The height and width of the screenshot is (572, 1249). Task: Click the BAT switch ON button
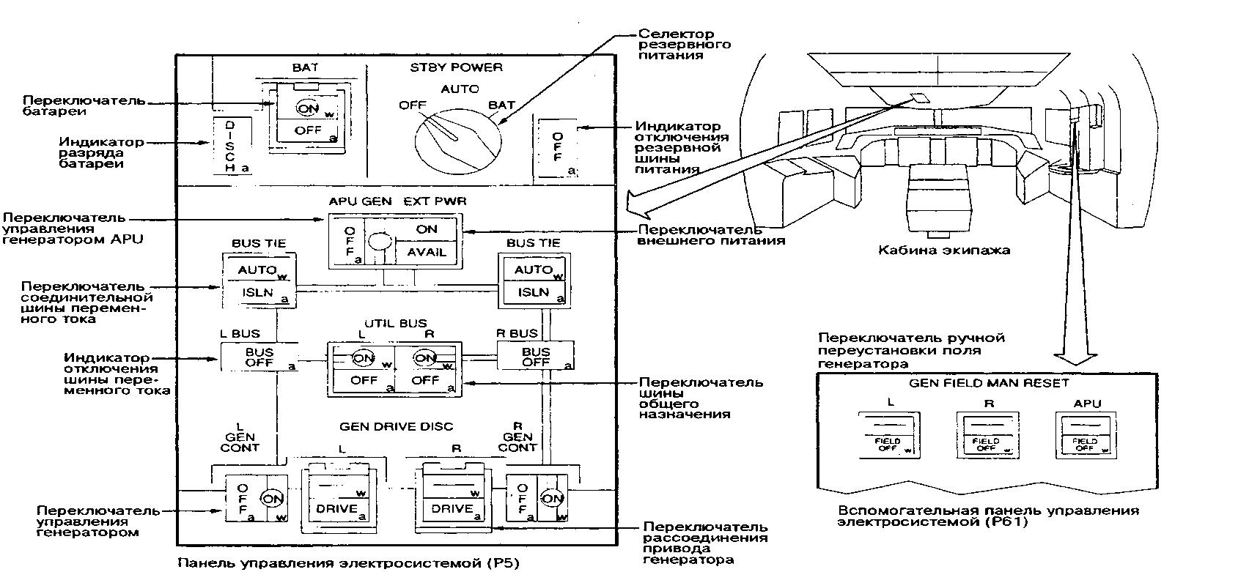[x=307, y=108]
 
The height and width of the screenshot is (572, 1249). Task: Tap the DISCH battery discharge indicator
[x=230, y=146]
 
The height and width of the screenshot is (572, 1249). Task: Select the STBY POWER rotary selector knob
[x=454, y=137]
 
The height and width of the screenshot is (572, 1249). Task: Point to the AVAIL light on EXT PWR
[x=426, y=252]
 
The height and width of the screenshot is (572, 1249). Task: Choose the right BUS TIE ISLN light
[x=533, y=292]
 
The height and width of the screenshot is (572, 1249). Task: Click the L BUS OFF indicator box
[x=259, y=357]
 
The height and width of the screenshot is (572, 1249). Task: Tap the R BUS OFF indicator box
[x=536, y=357]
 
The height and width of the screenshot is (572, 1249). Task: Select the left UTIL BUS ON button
[x=364, y=358]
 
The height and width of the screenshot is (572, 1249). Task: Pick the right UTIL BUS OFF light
[x=425, y=380]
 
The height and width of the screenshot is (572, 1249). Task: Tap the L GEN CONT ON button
[x=273, y=497]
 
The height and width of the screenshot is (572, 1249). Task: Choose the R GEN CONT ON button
[x=553, y=499]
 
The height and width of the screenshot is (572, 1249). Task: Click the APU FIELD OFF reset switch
[x=1085, y=436]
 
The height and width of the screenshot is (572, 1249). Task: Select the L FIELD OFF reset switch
[x=888, y=436]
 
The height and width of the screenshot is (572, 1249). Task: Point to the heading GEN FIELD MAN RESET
[x=989, y=383]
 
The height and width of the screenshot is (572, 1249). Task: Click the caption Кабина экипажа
[x=944, y=250]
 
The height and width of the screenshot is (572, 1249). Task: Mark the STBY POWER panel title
[x=456, y=67]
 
